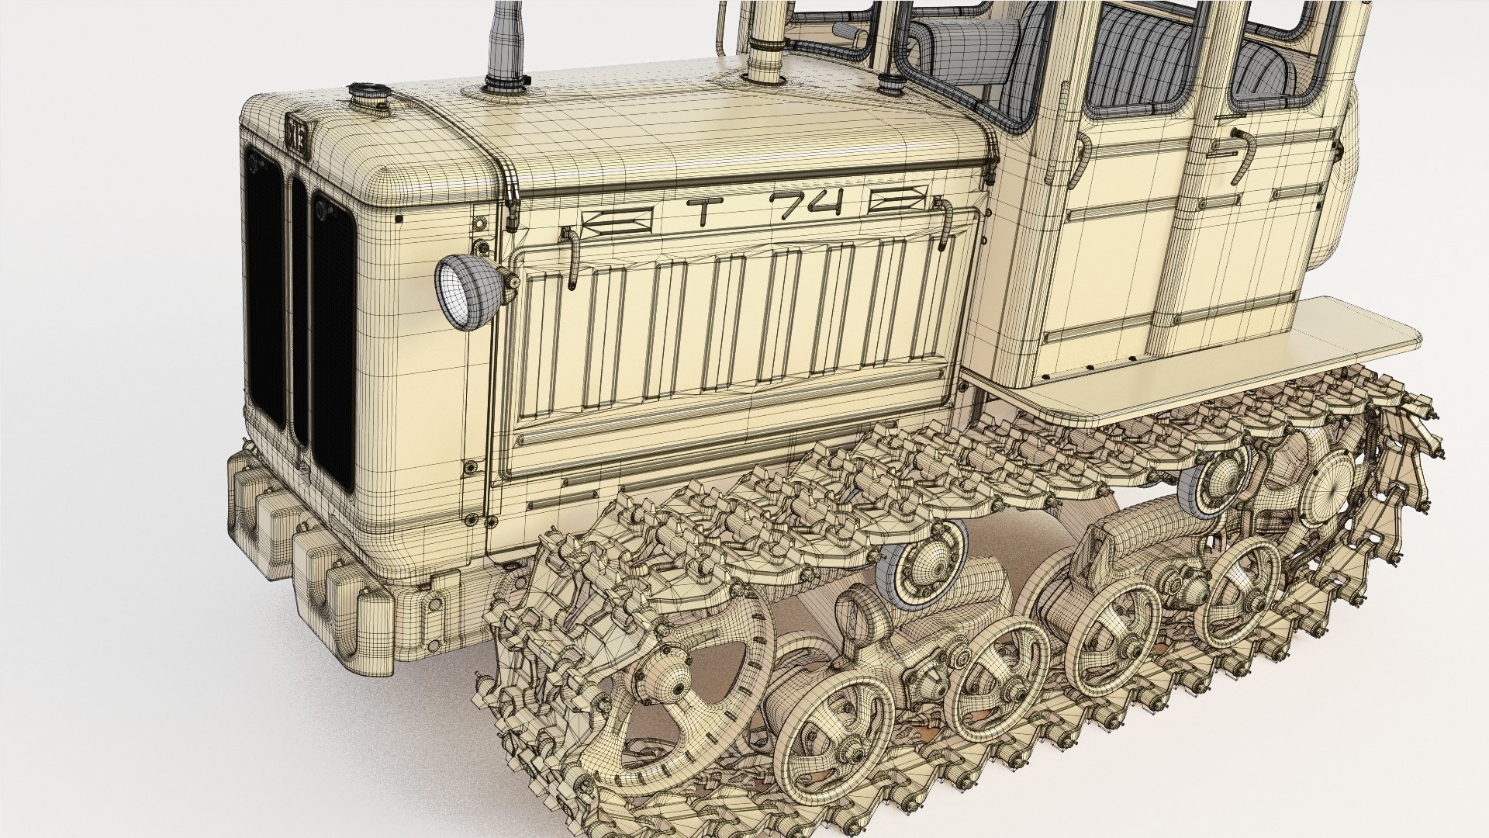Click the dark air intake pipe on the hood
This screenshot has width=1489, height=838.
coord(506,43)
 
